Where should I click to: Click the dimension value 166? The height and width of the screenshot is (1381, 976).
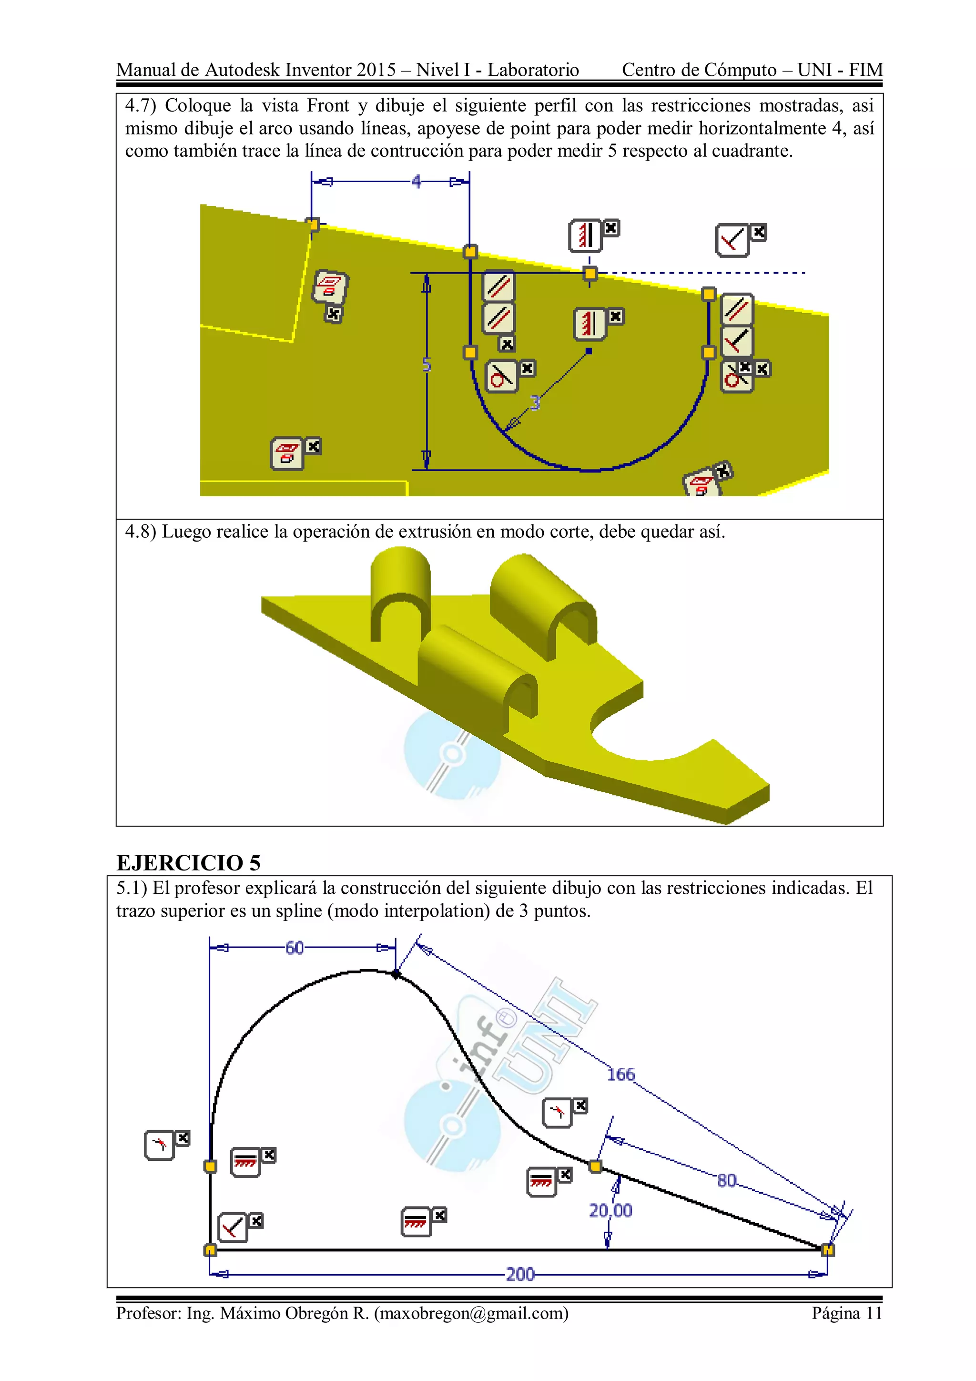(x=620, y=1074)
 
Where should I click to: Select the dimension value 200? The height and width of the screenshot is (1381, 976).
(x=520, y=1274)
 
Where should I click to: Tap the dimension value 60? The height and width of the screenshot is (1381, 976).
(x=294, y=948)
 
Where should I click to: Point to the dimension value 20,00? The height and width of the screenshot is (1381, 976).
(x=610, y=1210)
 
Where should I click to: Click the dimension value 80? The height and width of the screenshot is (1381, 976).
(x=726, y=1180)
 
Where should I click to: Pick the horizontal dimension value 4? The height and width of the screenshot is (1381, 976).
(x=416, y=181)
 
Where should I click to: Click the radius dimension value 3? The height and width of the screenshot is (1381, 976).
(x=535, y=402)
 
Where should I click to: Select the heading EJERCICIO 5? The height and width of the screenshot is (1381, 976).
(x=188, y=862)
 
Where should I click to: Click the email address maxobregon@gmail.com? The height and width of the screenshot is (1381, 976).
(x=471, y=1313)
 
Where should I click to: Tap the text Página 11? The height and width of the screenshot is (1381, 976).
(x=846, y=1313)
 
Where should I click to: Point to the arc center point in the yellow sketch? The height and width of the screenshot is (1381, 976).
(x=589, y=351)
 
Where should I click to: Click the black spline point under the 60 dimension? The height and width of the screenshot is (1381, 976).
(x=395, y=974)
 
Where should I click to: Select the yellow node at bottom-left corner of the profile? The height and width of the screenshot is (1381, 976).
(x=210, y=1250)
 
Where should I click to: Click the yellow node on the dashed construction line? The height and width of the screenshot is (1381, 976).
(x=590, y=274)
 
